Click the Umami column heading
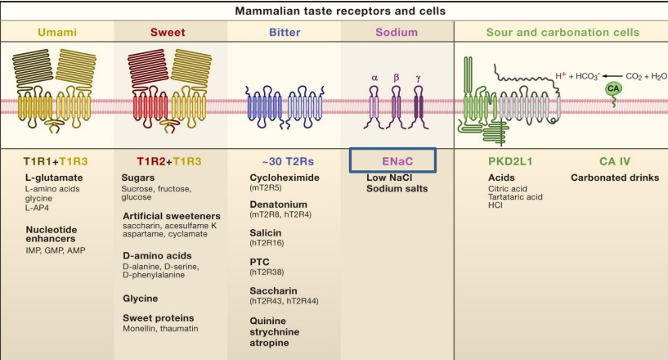coord(56,33)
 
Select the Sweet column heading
coord(168,33)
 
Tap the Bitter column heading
coord(284,33)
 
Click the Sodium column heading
coord(396,33)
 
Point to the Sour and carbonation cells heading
coord(563,33)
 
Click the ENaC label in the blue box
coord(397,161)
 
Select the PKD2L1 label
coord(511,161)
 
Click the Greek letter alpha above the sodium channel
coord(374,79)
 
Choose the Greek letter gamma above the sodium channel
coord(419,79)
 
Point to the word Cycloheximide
coord(286,177)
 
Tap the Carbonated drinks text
coord(614,177)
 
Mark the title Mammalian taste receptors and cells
coord(334,11)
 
